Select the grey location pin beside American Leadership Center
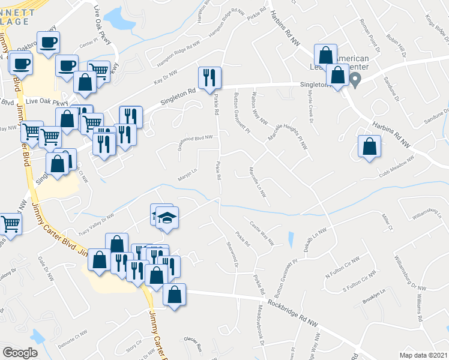pos(355,80)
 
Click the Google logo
pos(20,353)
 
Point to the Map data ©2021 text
pos(424,355)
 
